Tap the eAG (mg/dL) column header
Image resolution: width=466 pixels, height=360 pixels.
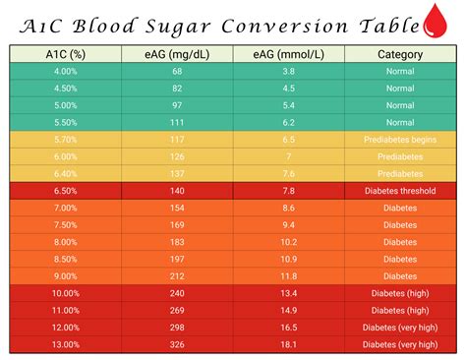tap(177, 55)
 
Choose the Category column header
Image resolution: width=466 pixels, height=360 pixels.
tap(400, 55)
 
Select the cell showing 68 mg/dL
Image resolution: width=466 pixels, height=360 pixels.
tap(177, 72)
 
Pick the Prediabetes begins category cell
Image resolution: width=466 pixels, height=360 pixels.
tap(400, 140)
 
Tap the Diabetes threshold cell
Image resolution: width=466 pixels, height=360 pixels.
tap(400, 191)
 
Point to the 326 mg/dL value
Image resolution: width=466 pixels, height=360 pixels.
tap(177, 343)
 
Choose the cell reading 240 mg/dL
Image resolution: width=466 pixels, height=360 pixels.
tap(177, 292)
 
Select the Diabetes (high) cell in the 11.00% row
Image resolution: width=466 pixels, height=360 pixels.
tap(400, 309)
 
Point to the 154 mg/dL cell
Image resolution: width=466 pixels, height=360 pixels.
tap(177, 208)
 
